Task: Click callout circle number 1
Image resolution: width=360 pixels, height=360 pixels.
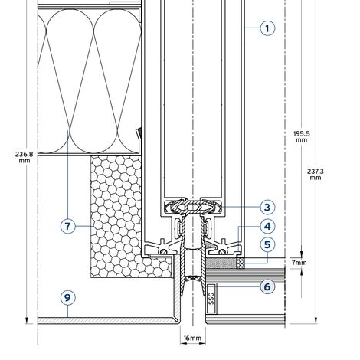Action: point(267,28)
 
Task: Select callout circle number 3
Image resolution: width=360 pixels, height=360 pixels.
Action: point(267,207)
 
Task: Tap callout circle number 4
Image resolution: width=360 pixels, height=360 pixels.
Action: point(267,227)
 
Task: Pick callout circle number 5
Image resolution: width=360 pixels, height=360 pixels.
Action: point(267,244)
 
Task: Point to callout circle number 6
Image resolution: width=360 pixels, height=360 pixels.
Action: point(267,286)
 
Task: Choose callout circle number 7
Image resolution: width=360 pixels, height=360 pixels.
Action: point(68,226)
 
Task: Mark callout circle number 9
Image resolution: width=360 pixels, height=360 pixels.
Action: point(68,298)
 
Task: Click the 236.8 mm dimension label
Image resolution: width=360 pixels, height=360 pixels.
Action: point(25,157)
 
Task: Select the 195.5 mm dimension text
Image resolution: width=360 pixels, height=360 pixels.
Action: point(302,136)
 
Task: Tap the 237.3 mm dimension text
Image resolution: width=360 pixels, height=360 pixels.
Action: point(316,174)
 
